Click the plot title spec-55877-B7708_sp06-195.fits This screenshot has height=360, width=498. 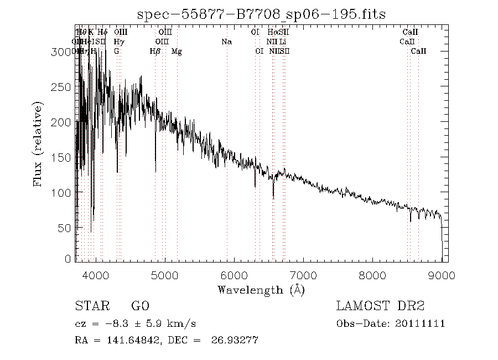click(x=261, y=13)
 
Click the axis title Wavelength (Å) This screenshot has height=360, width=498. click(x=261, y=289)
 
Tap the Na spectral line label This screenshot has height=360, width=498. click(x=226, y=42)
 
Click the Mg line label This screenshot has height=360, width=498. click(x=177, y=51)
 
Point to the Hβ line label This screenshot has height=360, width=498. click(x=155, y=51)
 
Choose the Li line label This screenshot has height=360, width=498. click(x=283, y=42)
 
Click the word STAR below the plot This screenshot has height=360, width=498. click(x=90, y=306)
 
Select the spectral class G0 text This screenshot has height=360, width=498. click(x=140, y=306)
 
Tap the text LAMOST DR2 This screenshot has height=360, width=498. click(x=380, y=306)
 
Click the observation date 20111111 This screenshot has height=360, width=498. click(x=421, y=323)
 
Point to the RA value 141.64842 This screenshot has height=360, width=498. click(x=131, y=340)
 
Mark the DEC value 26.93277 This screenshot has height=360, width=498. click(x=235, y=340)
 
